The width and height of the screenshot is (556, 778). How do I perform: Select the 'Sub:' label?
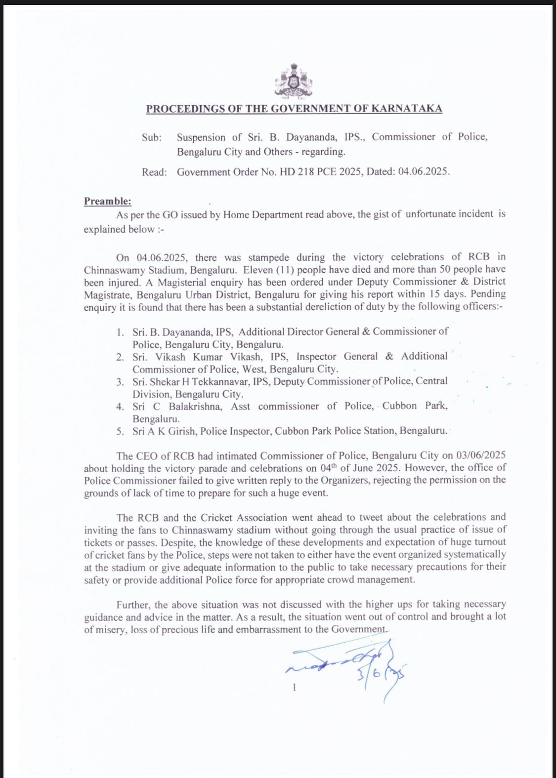pos(152,138)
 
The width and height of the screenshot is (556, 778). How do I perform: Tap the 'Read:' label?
pos(154,172)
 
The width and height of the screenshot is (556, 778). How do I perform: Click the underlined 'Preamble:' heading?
pos(107,201)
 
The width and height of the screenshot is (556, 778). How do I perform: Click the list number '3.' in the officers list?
pos(120,382)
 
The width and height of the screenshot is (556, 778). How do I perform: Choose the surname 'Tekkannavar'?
pos(221,381)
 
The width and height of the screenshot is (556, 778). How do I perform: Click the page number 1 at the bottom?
pos(295,687)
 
